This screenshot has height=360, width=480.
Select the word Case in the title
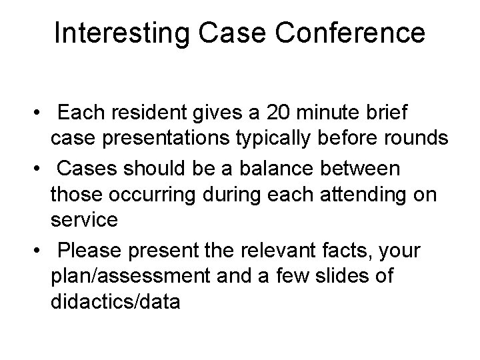point(224,32)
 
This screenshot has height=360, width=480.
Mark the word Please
point(90,251)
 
